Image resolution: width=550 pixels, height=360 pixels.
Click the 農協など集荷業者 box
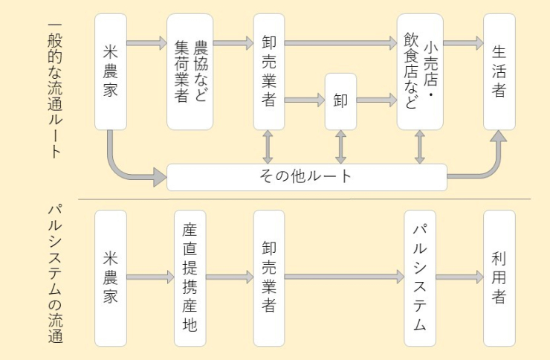click(190, 71)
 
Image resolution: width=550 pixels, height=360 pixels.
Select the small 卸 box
click(341, 101)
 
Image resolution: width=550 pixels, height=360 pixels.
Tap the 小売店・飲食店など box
click(420, 71)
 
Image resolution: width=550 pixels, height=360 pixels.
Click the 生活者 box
click(499, 71)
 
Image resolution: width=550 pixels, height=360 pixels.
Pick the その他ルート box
click(307, 177)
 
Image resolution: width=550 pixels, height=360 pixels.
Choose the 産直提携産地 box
click(190, 277)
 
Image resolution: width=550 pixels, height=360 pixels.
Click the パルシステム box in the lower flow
click(420, 277)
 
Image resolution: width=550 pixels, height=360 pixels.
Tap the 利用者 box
click(499, 277)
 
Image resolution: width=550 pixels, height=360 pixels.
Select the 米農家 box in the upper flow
click(111, 71)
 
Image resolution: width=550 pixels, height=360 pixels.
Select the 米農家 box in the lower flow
click(111, 277)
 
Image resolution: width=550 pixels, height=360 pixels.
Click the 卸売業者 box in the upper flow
click(268, 71)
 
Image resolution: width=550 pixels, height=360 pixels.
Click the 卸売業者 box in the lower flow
click(268, 277)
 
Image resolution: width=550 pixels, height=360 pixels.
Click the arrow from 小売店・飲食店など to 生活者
click(463, 43)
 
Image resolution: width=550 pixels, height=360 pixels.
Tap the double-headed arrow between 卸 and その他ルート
click(341, 147)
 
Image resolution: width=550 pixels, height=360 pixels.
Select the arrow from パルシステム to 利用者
click(459, 277)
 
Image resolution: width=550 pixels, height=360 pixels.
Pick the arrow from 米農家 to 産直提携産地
click(150, 277)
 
